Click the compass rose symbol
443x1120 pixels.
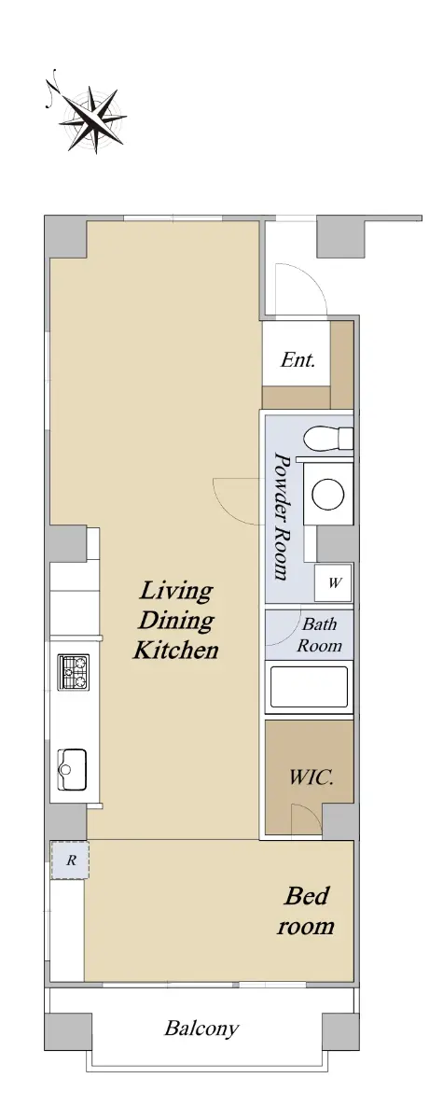pyautogui.click(x=93, y=119)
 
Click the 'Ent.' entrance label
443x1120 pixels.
pyautogui.click(x=298, y=359)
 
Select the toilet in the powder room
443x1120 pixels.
pyautogui.click(x=328, y=438)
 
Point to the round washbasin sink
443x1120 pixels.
pyautogui.click(x=328, y=494)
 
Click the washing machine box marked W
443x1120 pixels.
pyautogui.click(x=333, y=582)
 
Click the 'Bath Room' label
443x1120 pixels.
pyautogui.click(x=320, y=635)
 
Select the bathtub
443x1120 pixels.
pyautogui.click(x=309, y=689)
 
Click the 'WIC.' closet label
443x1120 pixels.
pyautogui.click(x=311, y=777)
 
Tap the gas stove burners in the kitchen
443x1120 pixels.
pyautogui.click(x=75, y=673)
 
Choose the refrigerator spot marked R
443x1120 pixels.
pyautogui.click(x=70, y=860)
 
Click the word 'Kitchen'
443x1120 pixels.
pyautogui.click(x=176, y=650)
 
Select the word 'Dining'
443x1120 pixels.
pyautogui.click(x=176, y=621)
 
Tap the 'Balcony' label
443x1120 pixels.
pyautogui.click(x=201, y=1029)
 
